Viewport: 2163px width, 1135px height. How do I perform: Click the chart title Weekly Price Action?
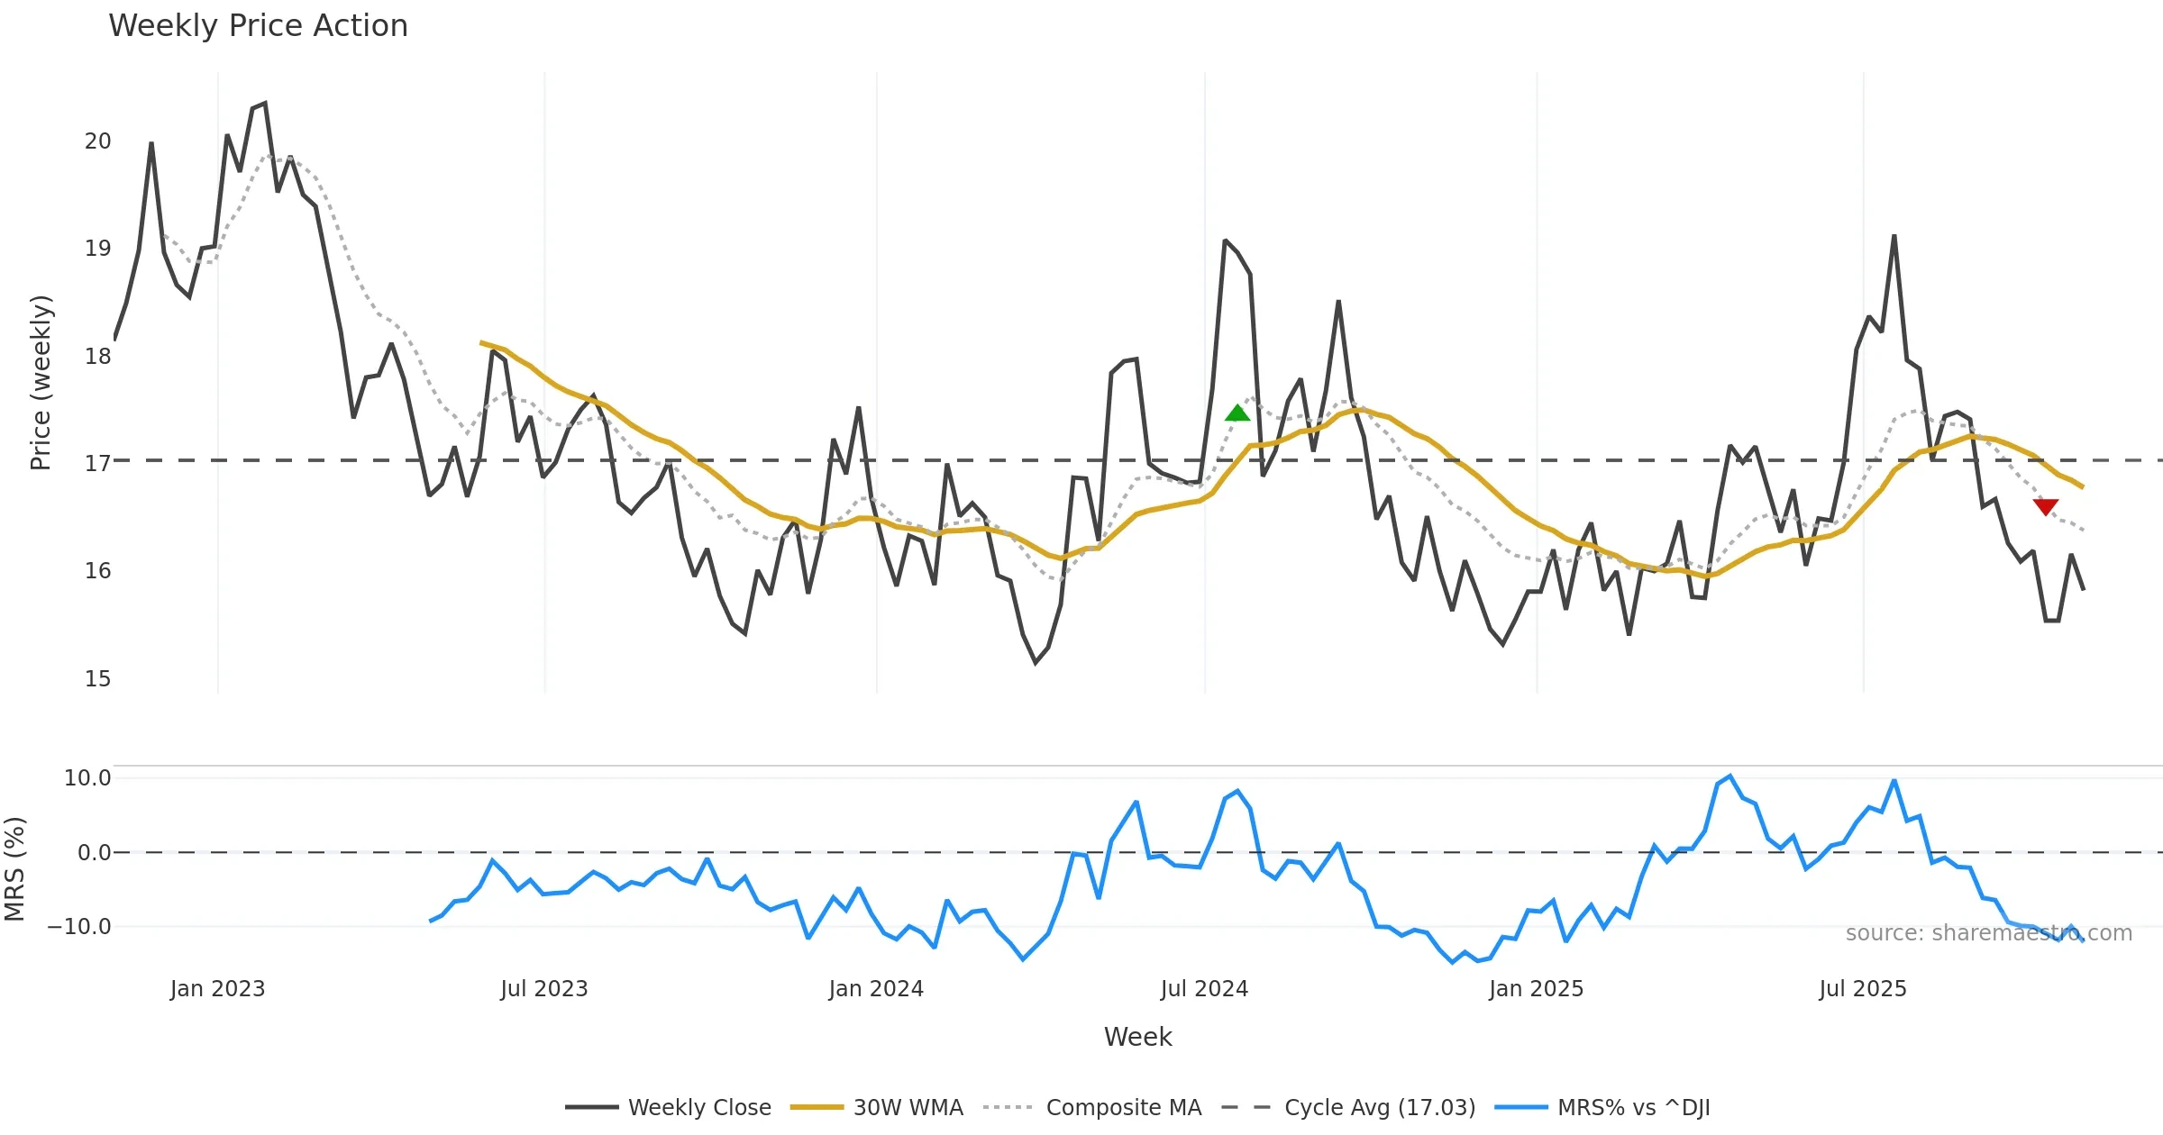pyautogui.click(x=258, y=26)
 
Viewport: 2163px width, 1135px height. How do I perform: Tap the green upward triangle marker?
pyautogui.click(x=1237, y=413)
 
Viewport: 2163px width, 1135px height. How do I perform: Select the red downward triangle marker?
pyautogui.click(x=2046, y=507)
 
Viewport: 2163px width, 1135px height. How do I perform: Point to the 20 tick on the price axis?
pyautogui.click(x=98, y=141)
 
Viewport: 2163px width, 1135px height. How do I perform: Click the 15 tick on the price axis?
pyautogui.click(x=98, y=679)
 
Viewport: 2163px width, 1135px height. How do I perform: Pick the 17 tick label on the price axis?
pyautogui.click(x=98, y=464)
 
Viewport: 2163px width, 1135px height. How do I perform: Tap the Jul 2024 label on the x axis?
pyautogui.click(x=1204, y=989)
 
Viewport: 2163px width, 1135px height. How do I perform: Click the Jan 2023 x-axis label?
pyautogui.click(x=217, y=989)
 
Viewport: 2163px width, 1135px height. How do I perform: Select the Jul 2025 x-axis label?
pyautogui.click(x=1863, y=989)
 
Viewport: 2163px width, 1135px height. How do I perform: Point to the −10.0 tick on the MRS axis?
pyautogui.click(x=79, y=927)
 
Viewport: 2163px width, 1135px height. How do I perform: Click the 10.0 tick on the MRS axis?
pyautogui.click(x=87, y=778)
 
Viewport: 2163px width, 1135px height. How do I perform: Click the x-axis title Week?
pyautogui.click(x=1137, y=1038)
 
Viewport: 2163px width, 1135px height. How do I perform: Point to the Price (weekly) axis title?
pyautogui.click(x=41, y=383)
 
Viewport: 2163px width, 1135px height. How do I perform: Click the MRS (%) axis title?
pyautogui.click(x=15, y=869)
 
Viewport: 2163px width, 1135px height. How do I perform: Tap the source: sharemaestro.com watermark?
pyautogui.click(x=1988, y=933)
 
